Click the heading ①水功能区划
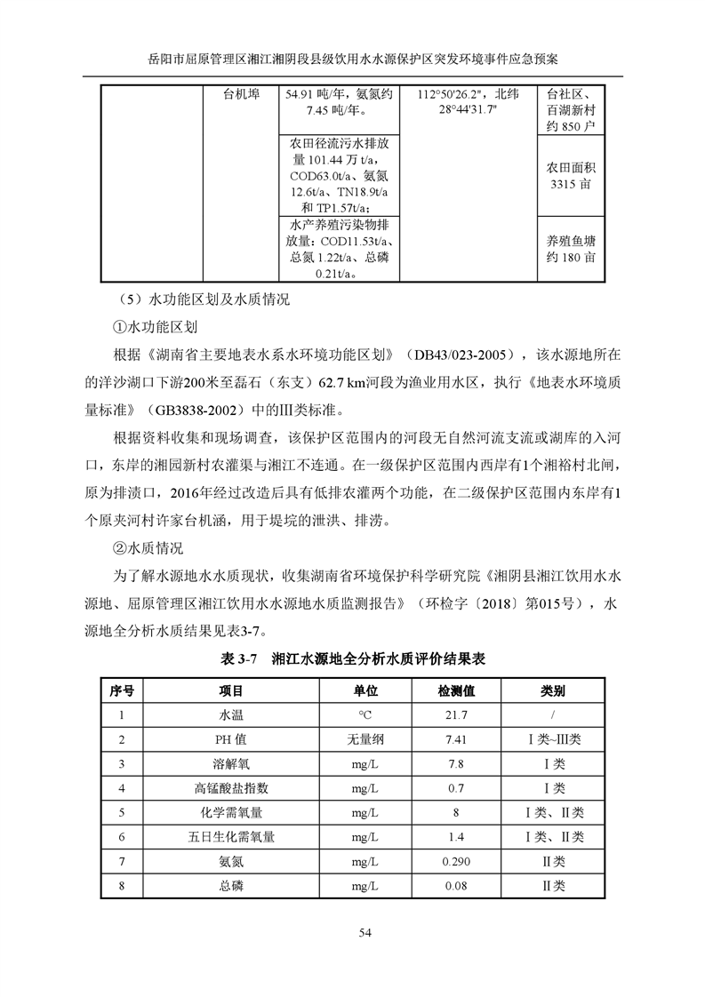coord(154,326)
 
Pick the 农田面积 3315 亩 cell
coord(571,176)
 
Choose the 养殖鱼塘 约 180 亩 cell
coord(571,248)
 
